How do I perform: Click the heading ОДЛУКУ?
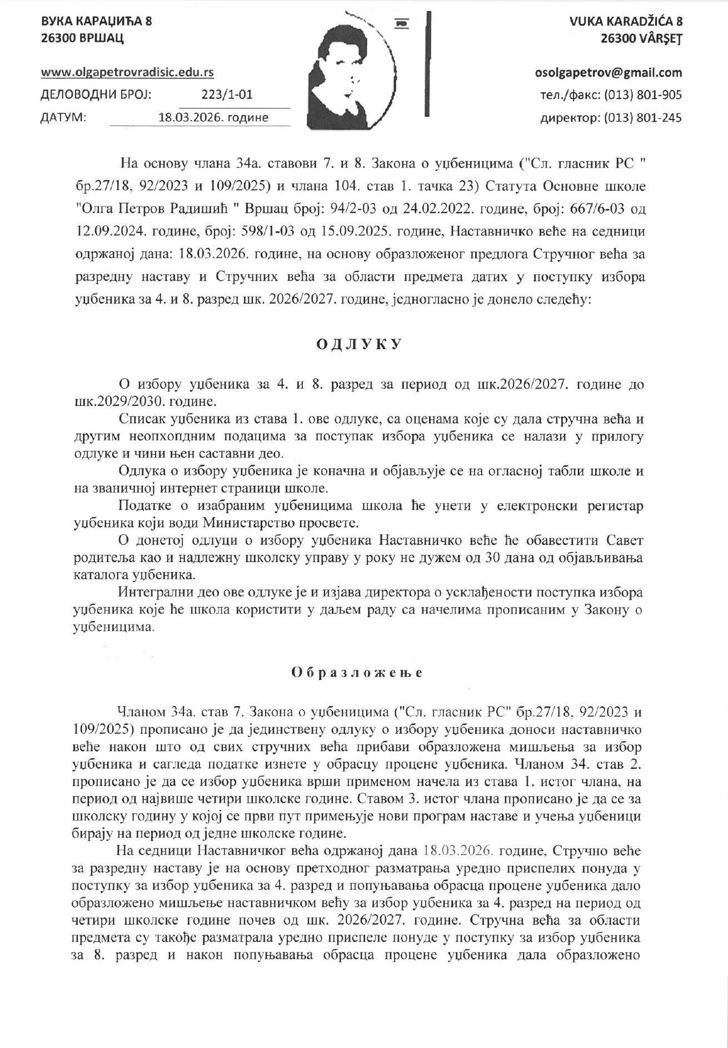tap(358, 345)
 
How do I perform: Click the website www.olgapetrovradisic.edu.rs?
tap(128, 72)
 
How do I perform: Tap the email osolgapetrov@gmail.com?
tap(608, 73)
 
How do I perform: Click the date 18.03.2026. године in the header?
tap(213, 117)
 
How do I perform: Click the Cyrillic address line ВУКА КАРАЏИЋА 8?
tap(97, 22)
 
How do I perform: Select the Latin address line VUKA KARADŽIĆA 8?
tap(626, 22)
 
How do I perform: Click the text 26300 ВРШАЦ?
tap(82, 38)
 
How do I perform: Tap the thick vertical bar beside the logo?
tap(427, 64)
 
